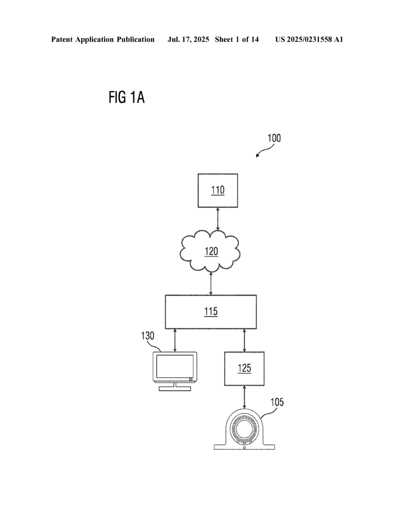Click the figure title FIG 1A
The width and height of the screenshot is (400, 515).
(126, 97)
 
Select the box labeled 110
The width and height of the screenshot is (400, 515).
(218, 190)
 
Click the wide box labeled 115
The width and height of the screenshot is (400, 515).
(211, 312)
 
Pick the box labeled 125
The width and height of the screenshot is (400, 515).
(244, 368)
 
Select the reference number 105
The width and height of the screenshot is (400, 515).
(277, 402)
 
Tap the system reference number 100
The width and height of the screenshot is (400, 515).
(274, 138)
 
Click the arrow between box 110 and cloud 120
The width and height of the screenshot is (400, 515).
(218, 218)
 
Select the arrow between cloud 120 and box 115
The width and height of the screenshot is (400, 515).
(211, 283)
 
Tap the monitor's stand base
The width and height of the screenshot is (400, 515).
(175, 388)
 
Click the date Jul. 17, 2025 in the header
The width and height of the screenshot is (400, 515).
(188, 39)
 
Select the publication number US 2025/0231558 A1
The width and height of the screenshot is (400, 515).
(309, 39)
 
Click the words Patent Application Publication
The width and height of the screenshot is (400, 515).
(103, 39)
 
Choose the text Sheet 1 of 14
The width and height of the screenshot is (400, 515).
(236, 39)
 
